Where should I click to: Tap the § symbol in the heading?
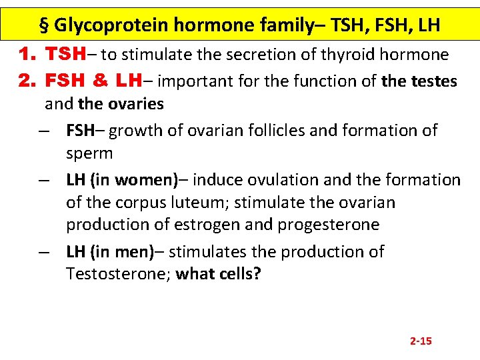tap(45, 25)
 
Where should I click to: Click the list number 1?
tap(27, 54)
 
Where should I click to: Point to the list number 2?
tap(27, 81)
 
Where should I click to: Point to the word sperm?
tap(89, 153)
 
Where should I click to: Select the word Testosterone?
tap(117, 274)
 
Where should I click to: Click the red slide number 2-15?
tap(421, 341)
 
